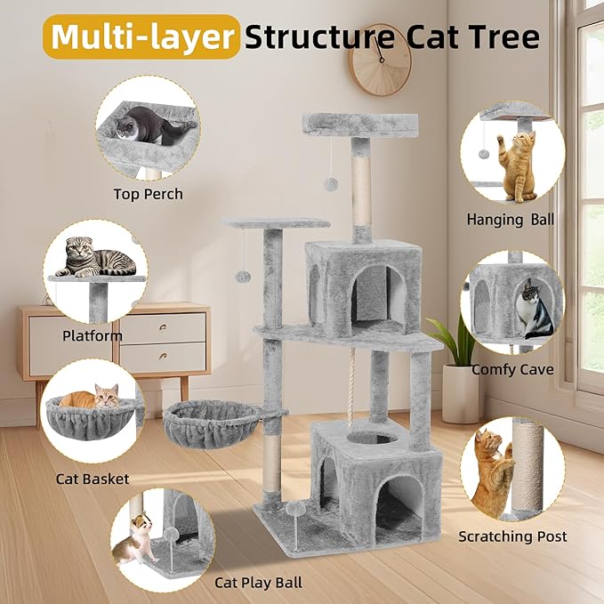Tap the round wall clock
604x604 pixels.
coord(380,60)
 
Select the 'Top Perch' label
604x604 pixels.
coord(148,194)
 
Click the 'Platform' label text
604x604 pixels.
coord(93,335)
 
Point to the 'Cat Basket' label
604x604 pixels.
coord(93,479)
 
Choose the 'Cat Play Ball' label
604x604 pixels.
coord(258,583)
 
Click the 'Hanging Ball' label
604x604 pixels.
coord(511,219)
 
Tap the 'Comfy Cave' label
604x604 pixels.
coord(511,369)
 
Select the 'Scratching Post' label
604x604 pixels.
coord(512,536)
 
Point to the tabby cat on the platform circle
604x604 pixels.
coord(96,259)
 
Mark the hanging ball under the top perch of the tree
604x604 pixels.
coord(329,183)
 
